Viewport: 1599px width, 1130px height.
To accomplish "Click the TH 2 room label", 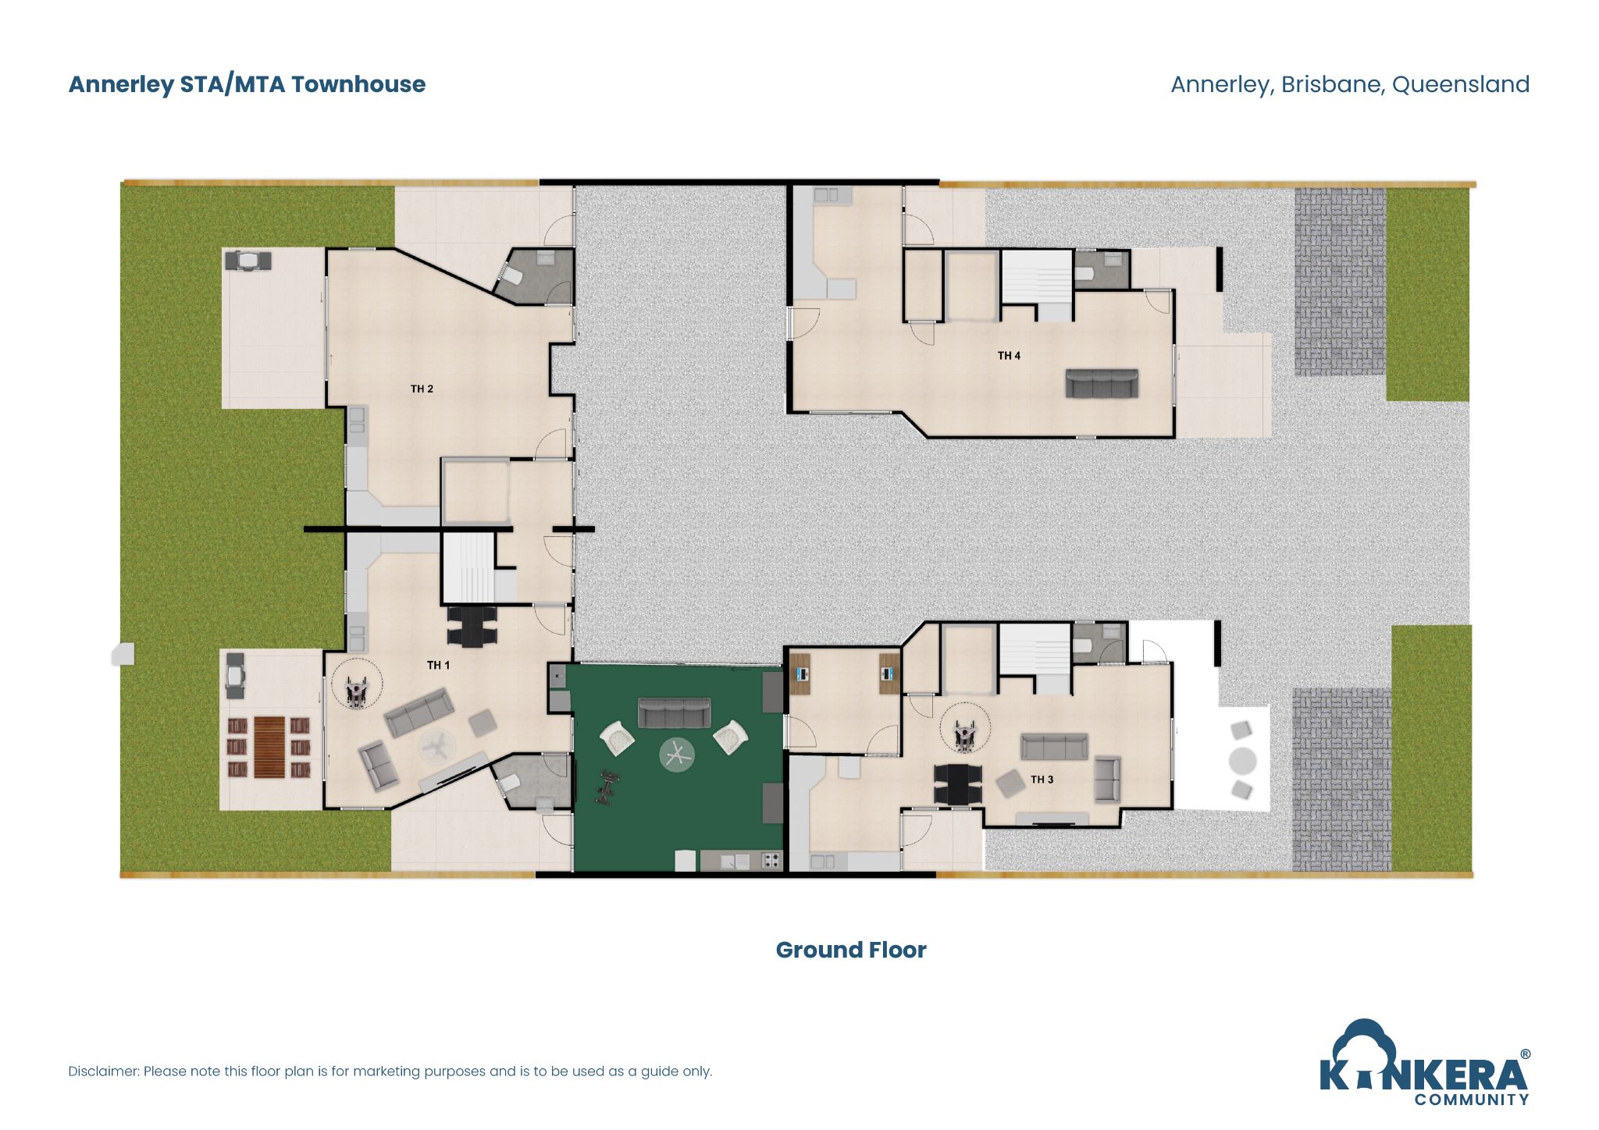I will coord(422,389).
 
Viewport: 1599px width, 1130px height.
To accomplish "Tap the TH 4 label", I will coord(1009,356).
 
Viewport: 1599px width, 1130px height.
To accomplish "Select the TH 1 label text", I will coord(438,665).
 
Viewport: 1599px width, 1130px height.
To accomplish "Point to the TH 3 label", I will coord(1042,780).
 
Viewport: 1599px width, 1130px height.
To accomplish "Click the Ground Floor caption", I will coord(850,950).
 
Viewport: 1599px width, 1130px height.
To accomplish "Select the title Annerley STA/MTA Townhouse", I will coord(247,84).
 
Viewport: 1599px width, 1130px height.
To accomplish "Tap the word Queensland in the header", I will coord(1460,84).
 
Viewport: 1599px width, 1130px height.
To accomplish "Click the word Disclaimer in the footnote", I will coord(103,1071).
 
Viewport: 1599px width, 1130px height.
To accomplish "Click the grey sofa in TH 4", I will coord(1102,383).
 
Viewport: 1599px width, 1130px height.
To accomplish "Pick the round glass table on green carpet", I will coord(676,755).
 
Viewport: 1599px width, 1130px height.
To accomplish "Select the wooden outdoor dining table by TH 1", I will coord(269,748).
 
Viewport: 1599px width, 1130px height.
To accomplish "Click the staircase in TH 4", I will coord(1036,277).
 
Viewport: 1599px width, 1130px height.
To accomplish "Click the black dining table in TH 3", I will coord(957,784).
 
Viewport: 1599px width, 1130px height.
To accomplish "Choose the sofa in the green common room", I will coord(674,712).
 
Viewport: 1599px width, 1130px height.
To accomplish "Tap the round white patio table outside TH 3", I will coord(1242,760).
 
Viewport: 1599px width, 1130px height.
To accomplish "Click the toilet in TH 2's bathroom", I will coord(512,275).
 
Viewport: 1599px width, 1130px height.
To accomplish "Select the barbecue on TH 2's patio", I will coord(248,260).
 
